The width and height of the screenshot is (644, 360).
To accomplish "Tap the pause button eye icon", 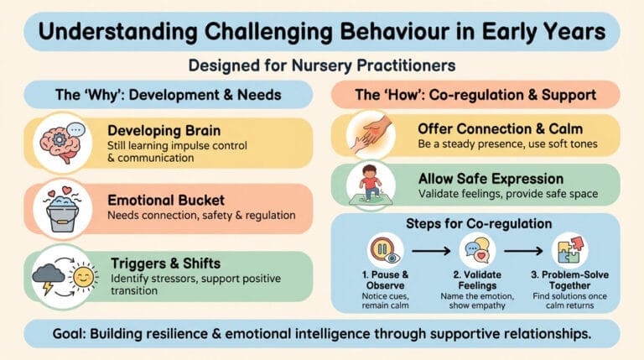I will (x=385, y=250).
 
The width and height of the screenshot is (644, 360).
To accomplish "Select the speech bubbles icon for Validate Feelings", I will (x=477, y=250).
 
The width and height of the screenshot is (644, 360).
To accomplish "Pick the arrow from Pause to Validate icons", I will (x=431, y=250).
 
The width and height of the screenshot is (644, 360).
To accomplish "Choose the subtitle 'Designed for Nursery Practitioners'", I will (x=321, y=64).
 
